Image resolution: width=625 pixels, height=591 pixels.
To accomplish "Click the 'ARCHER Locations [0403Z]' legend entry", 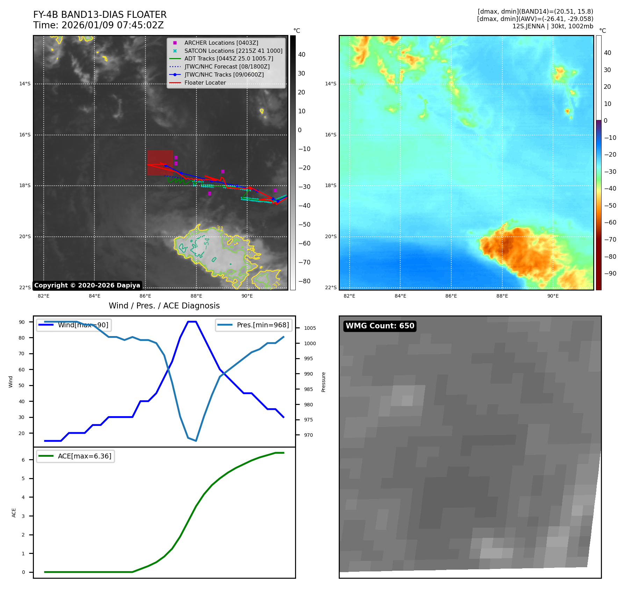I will coord(221,43).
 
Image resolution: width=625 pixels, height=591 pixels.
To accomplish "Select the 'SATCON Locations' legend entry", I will coord(233,51).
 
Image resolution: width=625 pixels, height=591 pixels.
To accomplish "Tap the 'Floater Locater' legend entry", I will coord(205,83).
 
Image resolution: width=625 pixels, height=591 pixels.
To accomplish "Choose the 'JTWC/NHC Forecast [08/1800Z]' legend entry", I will coord(227,66).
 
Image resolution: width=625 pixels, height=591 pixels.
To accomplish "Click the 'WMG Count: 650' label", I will coord(380,326).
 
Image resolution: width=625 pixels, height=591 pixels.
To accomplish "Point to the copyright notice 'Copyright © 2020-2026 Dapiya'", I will coord(87,285).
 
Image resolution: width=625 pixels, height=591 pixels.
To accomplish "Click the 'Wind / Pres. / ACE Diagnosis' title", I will coord(164,306).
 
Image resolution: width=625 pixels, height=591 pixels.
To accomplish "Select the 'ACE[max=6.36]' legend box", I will coord(76,456).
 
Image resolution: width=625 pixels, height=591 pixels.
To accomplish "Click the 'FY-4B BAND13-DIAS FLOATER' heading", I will coord(100,15).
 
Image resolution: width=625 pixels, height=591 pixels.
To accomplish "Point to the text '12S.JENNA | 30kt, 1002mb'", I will coord(553,26).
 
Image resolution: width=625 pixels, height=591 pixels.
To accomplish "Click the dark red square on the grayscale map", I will coord(160,163).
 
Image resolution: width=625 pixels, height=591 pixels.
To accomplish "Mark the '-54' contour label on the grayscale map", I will coord(207,243).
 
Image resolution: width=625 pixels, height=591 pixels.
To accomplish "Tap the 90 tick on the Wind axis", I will coord(22,322).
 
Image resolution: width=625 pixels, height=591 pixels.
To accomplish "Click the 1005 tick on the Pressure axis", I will coord(310,328).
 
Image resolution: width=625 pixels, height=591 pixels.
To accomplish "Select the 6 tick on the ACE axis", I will coord(23,460).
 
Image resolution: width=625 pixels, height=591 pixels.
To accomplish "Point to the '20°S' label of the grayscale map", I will coord(25,237).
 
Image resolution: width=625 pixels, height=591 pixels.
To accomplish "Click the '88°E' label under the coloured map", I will coord(502,296).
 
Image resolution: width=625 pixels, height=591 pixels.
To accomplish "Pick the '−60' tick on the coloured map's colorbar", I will coord(610,222).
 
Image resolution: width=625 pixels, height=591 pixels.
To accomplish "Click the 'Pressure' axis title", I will coord(323,382).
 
